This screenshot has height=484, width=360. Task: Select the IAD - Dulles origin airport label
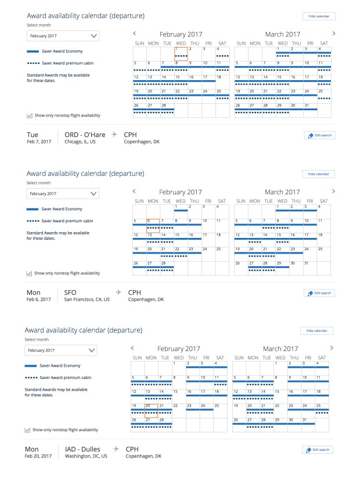click(84, 449)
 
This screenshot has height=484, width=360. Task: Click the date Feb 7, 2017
click(39, 142)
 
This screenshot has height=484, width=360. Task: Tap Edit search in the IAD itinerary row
click(319, 450)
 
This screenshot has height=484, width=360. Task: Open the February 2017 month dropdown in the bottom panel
click(62, 351)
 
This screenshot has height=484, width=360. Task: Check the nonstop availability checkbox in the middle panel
click(30, 273)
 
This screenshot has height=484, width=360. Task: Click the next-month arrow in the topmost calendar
click(334, 34)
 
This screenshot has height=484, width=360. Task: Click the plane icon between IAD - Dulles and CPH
click(116, 449)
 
